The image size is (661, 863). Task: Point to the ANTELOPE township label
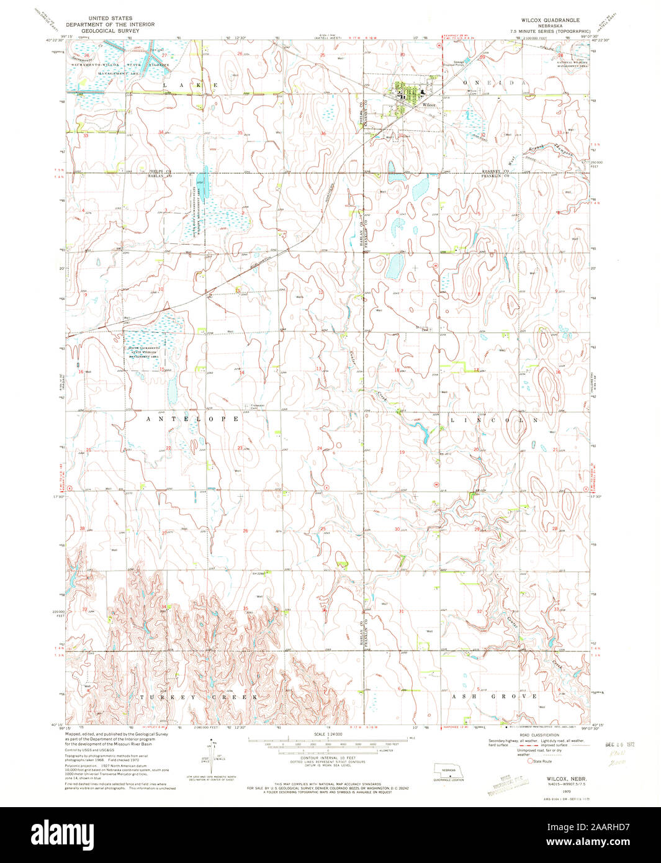click(x=192, y=420)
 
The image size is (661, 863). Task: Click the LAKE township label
click(x=190, y=84)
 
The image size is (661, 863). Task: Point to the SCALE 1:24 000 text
click(x=328, y=734)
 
